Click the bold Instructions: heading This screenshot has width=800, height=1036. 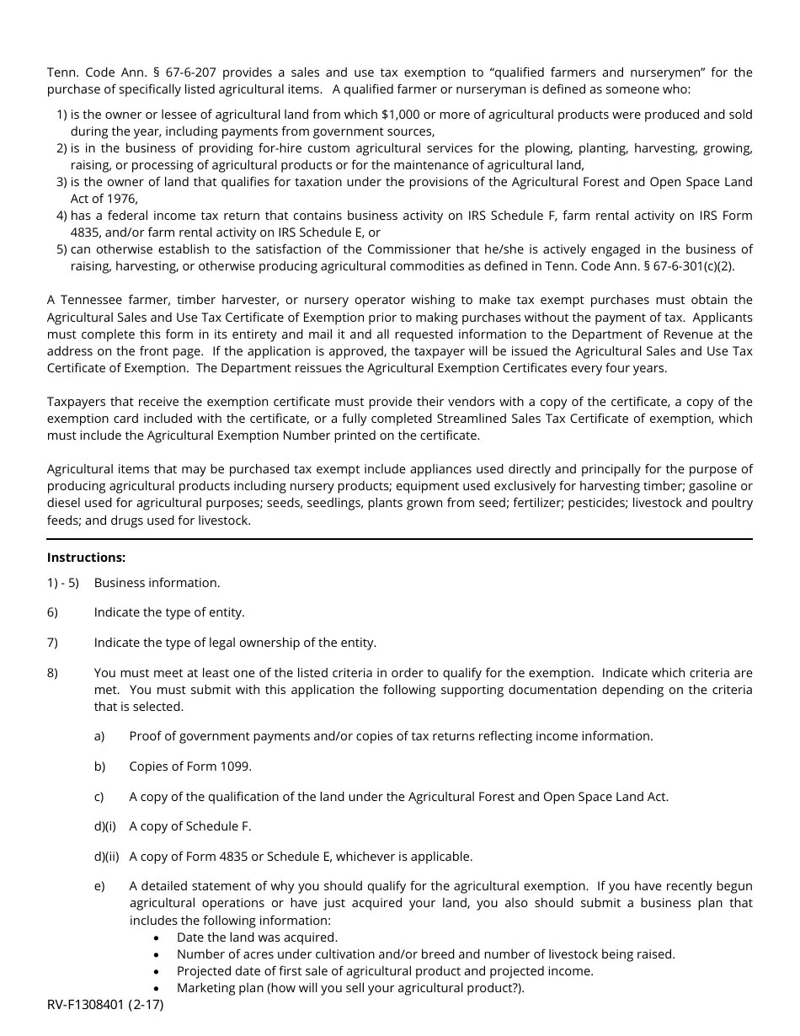(x=86, y=558)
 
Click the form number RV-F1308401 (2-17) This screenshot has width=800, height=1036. (x=105, y=1005)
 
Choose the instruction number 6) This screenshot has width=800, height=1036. (x=52, y=612)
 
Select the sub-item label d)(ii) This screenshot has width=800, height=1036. (x=106, y=857)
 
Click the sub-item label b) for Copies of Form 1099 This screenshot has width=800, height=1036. (x=99, y=766)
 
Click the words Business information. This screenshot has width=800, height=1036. (x=157, y=583)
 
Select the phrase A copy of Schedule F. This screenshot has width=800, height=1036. (x=190, y=826)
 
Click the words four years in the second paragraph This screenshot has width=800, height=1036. (x=637, y=368)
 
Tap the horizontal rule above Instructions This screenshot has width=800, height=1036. (x=399, y=539)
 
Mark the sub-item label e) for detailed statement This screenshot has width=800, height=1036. (x=99, y=886)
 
